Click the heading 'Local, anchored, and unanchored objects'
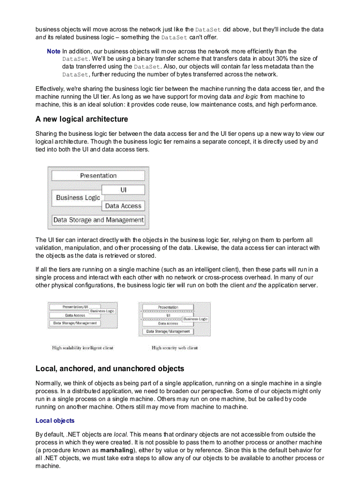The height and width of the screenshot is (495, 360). tap(110, 368)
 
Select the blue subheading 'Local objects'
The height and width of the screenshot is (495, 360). tap(55, 421)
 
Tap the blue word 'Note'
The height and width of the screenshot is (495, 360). tap(53, 52)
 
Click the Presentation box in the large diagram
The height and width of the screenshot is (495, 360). tap(98, 175)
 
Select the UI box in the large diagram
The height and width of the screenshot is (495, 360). tap(123, 190)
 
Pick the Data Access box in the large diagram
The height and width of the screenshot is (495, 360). tap(123, 206)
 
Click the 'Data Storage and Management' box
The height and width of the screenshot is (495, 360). tap(98, 220)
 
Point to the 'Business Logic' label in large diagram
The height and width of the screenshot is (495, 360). tap(78, 198)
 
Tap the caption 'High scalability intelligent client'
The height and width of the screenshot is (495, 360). tap(82, 348)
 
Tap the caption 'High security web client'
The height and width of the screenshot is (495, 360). tap(174, 348)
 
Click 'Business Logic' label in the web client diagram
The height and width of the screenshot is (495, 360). tap(195, 319)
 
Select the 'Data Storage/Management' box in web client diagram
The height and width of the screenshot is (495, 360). tap(168, 331)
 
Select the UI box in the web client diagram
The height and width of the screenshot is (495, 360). tap(168, 316)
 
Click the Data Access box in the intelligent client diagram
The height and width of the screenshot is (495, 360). tap(75, 315)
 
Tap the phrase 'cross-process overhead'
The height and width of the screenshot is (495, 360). tap(226, 277)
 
